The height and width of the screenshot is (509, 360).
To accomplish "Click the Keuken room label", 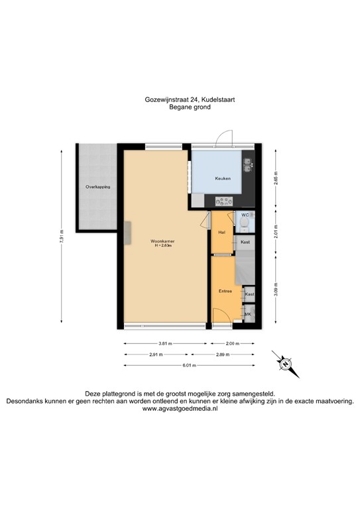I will [x=221, y=179].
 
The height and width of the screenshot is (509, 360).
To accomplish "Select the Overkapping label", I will [x=97, y=188].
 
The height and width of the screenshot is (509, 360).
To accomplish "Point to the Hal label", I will [x=222, y=232].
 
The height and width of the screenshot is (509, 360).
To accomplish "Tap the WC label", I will [x=245, y=215].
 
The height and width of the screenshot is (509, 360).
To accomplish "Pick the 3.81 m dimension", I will [x=165, y=344].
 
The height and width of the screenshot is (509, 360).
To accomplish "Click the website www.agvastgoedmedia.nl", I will [x=180, y=410].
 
